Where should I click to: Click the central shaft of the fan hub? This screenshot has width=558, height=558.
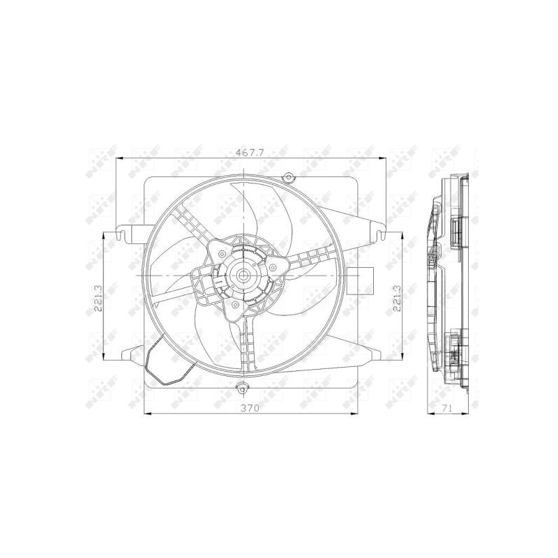pos(243,276)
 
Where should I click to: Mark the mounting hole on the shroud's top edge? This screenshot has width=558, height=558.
pos(287,177)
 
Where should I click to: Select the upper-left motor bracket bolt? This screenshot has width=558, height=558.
pos(220,248)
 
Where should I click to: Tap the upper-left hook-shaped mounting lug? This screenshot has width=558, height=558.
pos(125,230)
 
